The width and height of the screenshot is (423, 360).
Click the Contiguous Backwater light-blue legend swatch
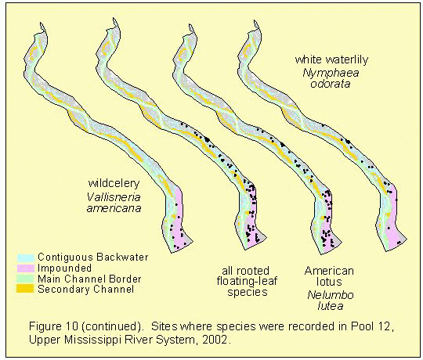(26, 257)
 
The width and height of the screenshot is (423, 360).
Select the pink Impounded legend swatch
(26, 268)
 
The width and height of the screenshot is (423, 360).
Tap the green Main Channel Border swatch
(26, 279)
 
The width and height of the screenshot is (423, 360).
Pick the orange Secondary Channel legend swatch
(26, 289)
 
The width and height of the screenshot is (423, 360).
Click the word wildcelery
(114, 183)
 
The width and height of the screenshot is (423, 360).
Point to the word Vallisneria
(114, 197)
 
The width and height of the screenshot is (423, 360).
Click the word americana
(114, 208)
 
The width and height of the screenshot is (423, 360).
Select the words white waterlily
(331, 59)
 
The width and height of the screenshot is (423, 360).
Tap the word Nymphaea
(331, 73)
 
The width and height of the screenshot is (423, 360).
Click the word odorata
(331, 84)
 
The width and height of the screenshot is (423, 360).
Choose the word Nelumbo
(331, 295)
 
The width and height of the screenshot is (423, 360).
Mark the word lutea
(331, 306)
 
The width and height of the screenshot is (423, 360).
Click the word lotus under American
(329, 282)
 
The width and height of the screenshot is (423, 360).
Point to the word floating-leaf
(247, 281)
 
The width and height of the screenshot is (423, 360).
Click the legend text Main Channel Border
(89, 279)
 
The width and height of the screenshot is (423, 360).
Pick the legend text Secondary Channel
(86, 289)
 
